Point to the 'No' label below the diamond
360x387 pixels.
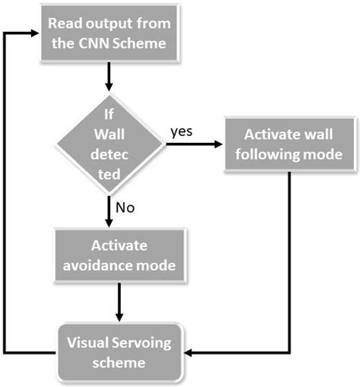pyautogui.click(x=125, y=205)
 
